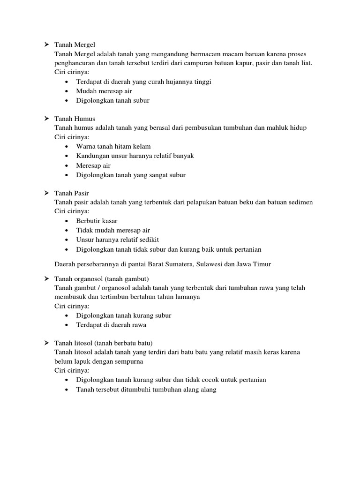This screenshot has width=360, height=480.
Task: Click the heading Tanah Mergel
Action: click(75, 45)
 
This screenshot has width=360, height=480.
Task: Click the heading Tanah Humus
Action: click(75, 119)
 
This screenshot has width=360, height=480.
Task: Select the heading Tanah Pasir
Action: click(72, 193)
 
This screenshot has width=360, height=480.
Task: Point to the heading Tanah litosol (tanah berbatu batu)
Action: click(104, 343)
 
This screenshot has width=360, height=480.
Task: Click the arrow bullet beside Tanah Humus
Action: click(47, 119)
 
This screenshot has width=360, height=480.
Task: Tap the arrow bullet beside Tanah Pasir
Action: click(47, 193)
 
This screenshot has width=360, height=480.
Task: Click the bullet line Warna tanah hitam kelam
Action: click(113, 146)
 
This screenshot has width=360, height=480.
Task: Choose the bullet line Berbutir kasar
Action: click(97, 221)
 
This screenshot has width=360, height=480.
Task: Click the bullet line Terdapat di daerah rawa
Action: click(114, 325)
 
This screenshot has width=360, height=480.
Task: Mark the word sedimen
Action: click(300, 202)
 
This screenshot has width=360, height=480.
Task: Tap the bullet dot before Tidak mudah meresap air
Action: click(67, 230)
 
